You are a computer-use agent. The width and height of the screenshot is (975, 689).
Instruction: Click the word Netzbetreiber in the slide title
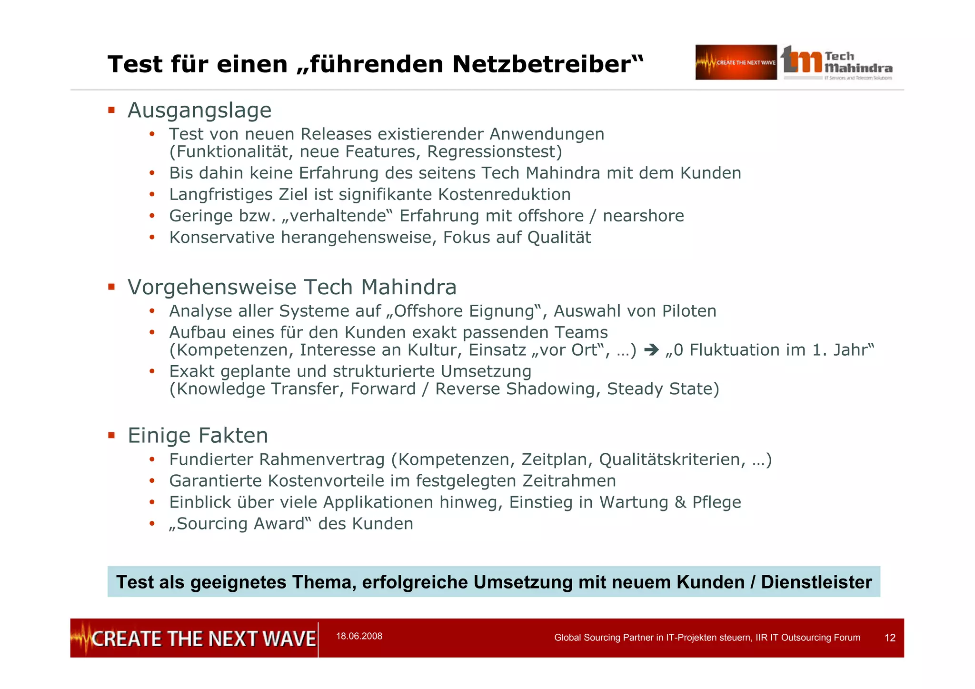(x=547, y=64)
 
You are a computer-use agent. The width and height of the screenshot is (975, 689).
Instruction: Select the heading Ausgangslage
(x=199, y=110)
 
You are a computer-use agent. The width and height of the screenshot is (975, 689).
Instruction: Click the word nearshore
(x=643, y=216)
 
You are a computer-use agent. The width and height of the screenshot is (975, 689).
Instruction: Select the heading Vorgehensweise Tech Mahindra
(x=292, y=288)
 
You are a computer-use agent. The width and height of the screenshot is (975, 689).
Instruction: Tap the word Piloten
(x=689, y=311)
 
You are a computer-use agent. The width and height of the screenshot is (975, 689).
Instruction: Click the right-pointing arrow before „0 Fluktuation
(x=651, y=350)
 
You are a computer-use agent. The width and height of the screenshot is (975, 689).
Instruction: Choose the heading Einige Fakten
(x=198, y=436)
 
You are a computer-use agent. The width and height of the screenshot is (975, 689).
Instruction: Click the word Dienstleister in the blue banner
(x=816, y=582)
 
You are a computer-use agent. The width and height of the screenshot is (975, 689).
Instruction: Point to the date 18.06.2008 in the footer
(x=359, y=637)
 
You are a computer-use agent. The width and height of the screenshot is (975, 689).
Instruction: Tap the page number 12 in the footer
(x=890, y=638)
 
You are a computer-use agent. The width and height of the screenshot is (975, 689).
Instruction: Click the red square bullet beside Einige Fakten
(x=111, y=435)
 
